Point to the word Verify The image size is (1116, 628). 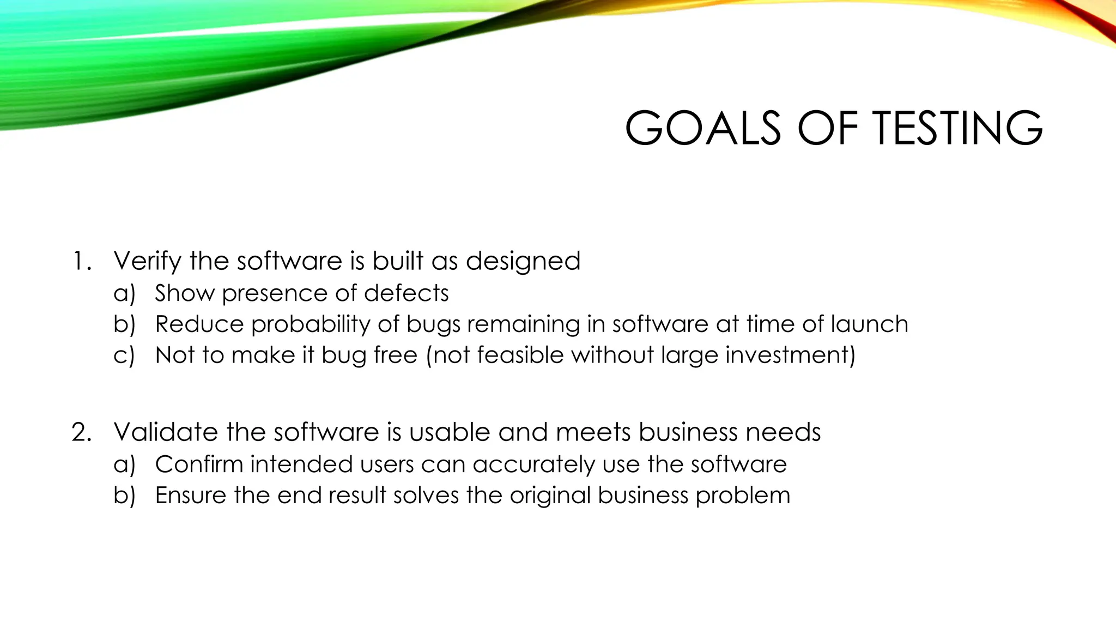(147, 261)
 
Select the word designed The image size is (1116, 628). (523, 261)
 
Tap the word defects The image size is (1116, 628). (407, 293)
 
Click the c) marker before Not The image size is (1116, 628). (124, 355)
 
